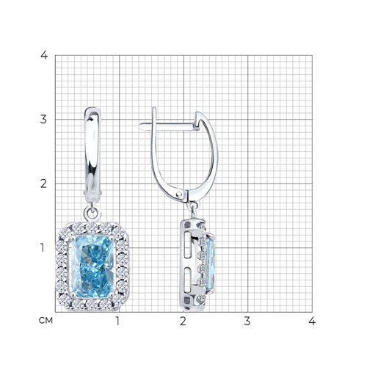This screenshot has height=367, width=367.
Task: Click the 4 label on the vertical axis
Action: pos(44,55)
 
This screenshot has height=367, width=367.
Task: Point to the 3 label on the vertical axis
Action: pos(43,120)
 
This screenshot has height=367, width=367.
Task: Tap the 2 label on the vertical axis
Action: pos(43,183)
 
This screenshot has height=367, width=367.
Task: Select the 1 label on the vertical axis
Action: pos(43,248)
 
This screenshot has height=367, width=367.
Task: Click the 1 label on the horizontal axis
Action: pos(118,321)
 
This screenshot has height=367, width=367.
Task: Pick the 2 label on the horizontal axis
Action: pos(183,321)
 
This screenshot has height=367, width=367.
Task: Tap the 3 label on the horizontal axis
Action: pos(247,321)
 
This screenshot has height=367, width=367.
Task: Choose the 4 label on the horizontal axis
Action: pos(312,321)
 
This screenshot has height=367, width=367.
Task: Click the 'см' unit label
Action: pos(46,321)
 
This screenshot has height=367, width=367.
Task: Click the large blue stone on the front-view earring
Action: pos(92,266)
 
